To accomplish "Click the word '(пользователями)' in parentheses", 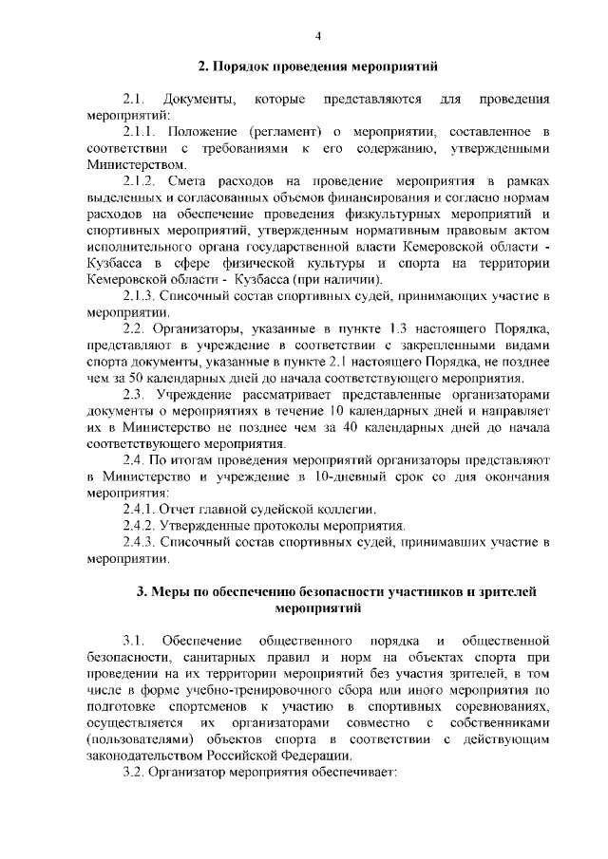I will click(x=141, y=738).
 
